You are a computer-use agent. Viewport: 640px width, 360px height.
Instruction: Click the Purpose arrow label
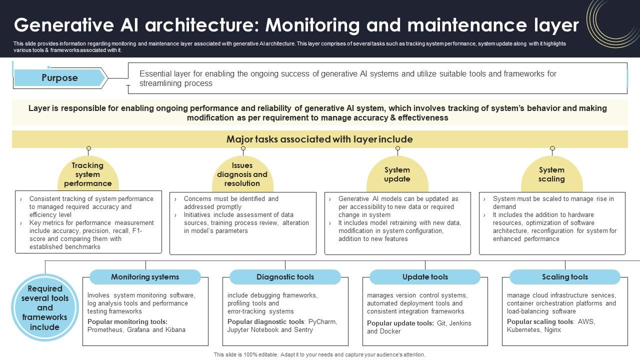click(x=59, y=78)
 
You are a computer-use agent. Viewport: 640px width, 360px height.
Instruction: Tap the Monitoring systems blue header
click(x=145, y=277)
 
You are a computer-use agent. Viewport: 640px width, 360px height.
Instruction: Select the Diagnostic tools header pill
click(x=285, y=277)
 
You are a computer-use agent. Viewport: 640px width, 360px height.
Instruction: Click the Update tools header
click(x=425, y=277)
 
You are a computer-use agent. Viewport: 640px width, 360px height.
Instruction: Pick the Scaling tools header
click(x=565, y=277)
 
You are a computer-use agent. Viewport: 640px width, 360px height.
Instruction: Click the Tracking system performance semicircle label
click(x=88, y=174)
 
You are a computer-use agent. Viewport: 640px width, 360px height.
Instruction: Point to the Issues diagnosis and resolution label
click(x=242, y=174)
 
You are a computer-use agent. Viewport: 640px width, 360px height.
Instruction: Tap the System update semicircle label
click(x=397, y=174)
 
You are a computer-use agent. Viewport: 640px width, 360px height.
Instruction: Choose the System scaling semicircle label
click(x=552, y=174)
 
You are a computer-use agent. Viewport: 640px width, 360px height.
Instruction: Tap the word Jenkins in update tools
click(x=460, y=323)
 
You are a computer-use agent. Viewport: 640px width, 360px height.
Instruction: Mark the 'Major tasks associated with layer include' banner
click(x=319, y=139)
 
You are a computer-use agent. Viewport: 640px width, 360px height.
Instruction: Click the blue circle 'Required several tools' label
click(x=45, y=307)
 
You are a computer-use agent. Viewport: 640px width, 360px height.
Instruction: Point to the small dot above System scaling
click(x=552, y=148)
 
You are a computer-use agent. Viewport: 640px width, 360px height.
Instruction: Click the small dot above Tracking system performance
click(x=88, y=148)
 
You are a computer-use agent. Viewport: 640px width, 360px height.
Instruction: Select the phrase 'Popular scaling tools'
click(x=539, y=322)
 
